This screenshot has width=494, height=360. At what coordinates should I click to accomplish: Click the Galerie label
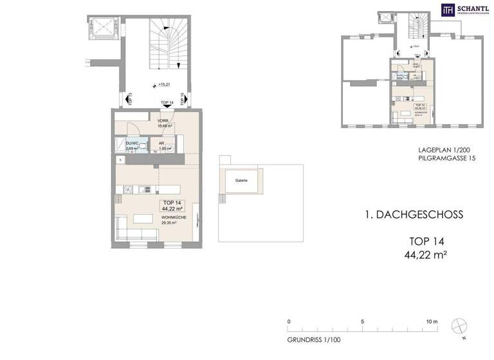pos(242,181)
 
